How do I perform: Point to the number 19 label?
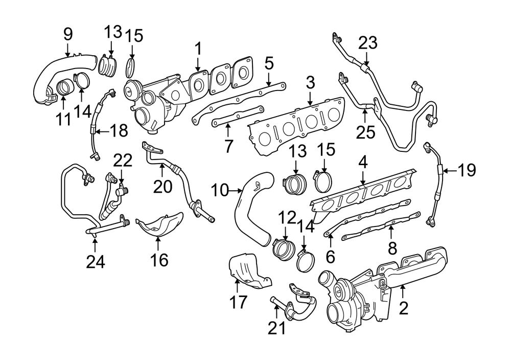[x=466, y=170]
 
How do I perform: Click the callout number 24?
[x=96, y=261]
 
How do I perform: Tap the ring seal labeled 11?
[x=64, y=88]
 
